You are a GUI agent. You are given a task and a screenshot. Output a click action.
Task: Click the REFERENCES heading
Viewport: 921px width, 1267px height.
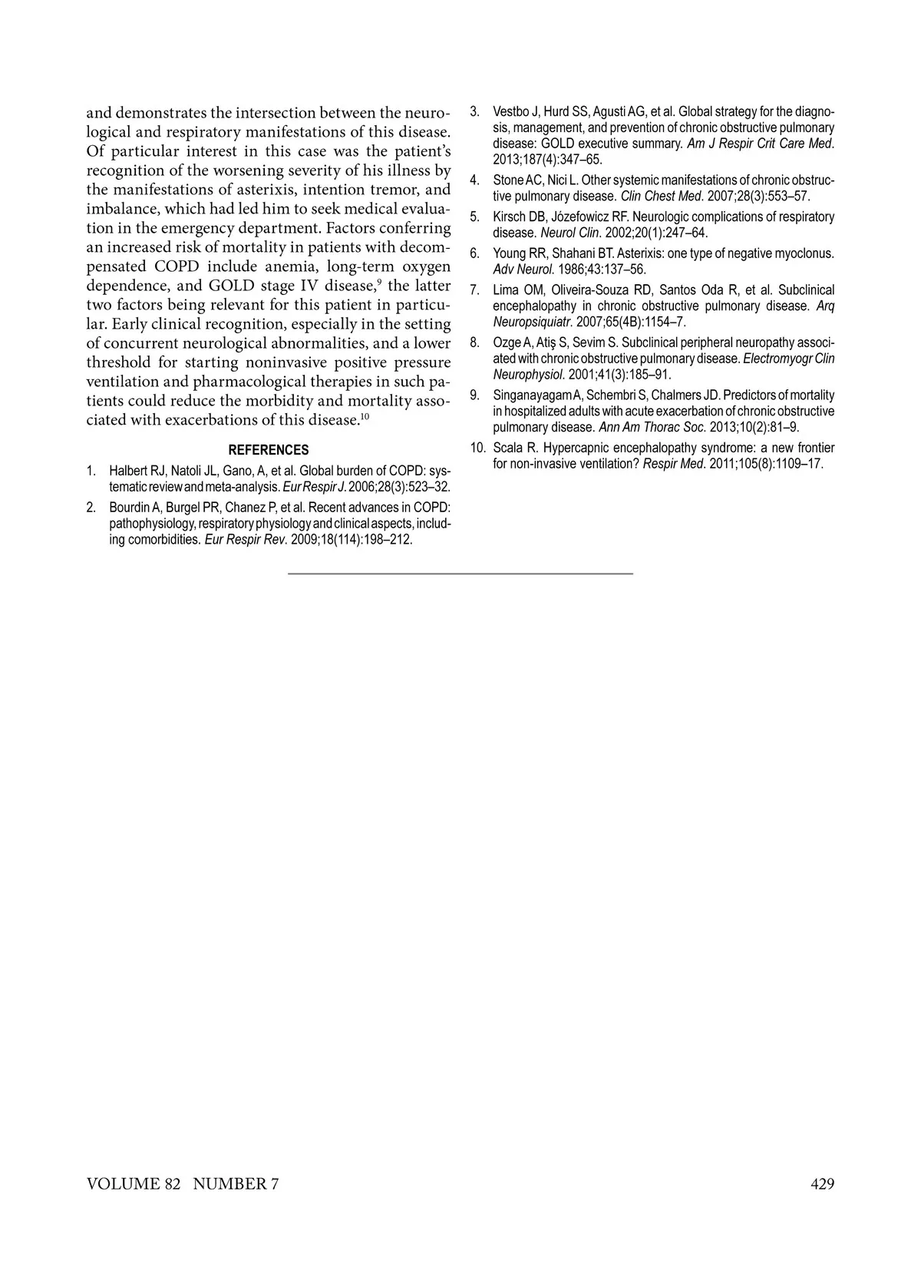pyautogui.click(x=269, y=450)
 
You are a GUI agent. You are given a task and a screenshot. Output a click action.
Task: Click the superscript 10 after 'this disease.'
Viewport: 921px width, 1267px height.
pyautogui.click(x=365, y=416)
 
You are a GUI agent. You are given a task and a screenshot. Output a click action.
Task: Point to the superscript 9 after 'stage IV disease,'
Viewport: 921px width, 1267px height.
pyautogui.click(x=378, y=282)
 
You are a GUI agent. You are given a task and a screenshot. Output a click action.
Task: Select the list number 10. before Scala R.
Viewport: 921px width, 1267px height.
pyautogui.click(x=478, y=448)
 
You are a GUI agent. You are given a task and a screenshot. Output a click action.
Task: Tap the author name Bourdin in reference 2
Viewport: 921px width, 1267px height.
pyautogui.click(x=129, y=508)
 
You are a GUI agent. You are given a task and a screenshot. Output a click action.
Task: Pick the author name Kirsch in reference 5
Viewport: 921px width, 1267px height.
pyautogui.click(x=510, y=217)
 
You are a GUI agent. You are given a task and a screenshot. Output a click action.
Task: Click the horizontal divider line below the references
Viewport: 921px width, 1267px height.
pyautogui.click(x=460, y=574)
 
